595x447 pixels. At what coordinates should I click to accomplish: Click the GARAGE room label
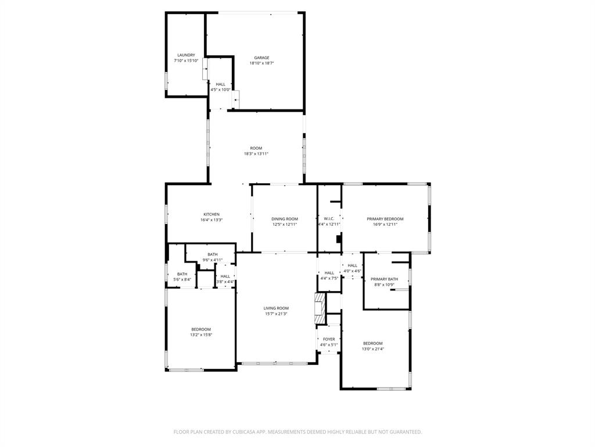(x=261, y=58)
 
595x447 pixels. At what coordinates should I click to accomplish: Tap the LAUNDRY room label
(x=186, y=55)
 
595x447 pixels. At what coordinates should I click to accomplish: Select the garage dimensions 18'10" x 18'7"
(x=261, y=63)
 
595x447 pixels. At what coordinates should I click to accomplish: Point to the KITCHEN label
(x=212, y=214)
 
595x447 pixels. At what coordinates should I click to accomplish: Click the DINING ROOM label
(x=285, y=219)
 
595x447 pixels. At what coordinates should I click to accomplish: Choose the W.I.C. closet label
(x=329, y=219)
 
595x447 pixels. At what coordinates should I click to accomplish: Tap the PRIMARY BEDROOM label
(x=385, y=219)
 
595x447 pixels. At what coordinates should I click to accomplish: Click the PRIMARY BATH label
(x=385, y=279)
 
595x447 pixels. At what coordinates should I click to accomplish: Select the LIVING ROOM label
(x=276, y=308)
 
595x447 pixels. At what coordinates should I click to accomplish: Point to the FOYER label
(x=329, y=339)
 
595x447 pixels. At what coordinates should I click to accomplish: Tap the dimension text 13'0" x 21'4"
(x=373, y=349)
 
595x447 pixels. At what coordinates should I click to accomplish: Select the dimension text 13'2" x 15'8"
(x=201, y=335)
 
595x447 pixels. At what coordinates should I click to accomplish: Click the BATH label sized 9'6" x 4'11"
(x=213, y=254)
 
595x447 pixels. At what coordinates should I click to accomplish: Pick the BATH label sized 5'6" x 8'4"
(x=182, y=274)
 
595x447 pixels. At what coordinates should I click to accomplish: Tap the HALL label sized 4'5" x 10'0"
(x=220, y=84)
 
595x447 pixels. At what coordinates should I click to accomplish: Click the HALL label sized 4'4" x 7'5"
(x=329, y=273)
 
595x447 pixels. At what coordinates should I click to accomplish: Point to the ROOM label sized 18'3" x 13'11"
(x=256, y=148)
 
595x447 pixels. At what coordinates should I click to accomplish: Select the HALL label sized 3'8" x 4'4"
(x=225, y=276)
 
